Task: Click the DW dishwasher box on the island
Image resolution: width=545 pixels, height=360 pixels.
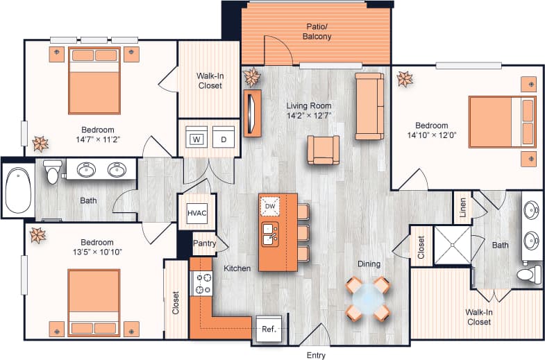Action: (x=270, y=206)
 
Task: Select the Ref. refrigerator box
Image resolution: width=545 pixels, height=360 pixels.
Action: (x=269, y=329)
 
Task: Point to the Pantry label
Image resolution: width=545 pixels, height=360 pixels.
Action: (x=204, y=243)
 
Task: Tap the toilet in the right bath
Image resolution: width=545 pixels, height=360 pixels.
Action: (x=528, y=275)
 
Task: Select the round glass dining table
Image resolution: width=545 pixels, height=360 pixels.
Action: (x=367, y=298)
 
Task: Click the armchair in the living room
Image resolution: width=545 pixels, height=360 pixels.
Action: (x=324, y=149)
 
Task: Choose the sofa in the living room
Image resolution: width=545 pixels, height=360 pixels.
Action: (x=369, y=106)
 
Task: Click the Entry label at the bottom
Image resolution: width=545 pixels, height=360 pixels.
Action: (x=316, y=355)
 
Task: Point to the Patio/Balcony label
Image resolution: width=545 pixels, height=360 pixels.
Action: (x=317, y=32)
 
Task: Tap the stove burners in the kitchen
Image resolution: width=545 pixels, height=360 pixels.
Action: (x=203, y=283)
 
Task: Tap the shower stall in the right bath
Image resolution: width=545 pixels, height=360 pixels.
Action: (x=452, y=245)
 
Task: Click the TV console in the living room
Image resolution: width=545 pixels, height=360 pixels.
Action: (x=251, y=113)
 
